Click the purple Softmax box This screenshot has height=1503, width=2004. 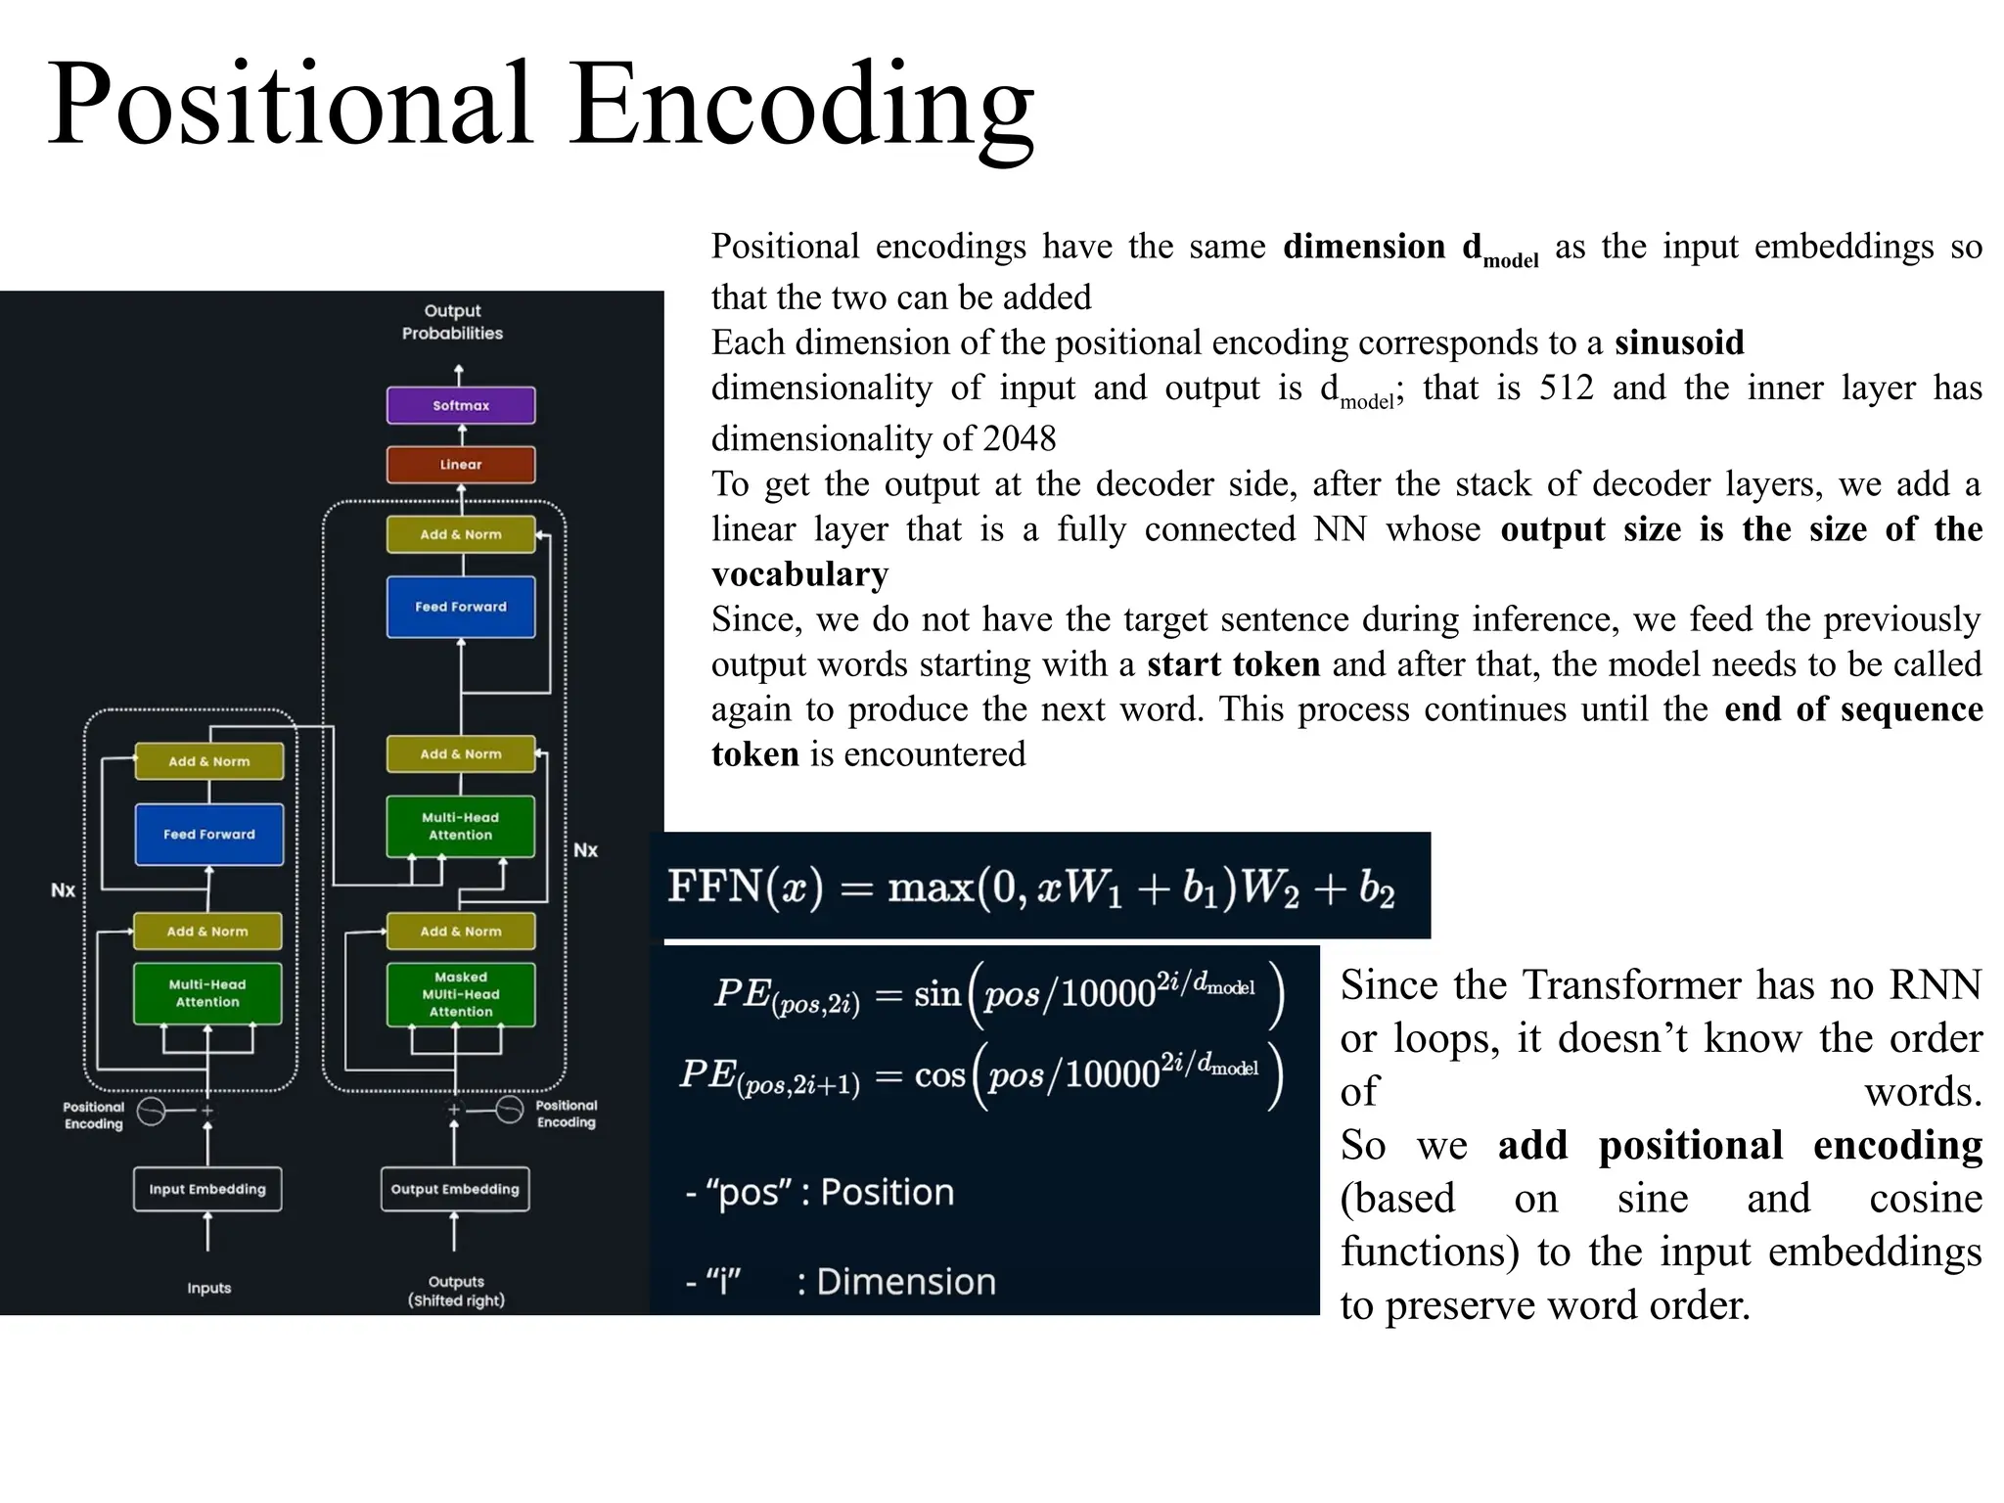pyautogui.click(x=461, y=405)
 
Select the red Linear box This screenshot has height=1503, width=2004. pyautogui.click(x=461, y=465)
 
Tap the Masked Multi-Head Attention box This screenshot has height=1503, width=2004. pyautogui.click(x=461, y=994)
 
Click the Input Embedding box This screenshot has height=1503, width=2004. pyautogui.click(x=207, y=1189)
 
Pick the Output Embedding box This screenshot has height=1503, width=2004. pyautogui.click(x=455, y=1189)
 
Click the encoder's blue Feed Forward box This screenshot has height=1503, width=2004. pyautogui.click(x=209, y=835)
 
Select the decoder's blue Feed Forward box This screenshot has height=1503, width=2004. pyautogui.click(x=461, y=607)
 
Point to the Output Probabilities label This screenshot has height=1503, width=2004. pyautogui.click(x=452, y=322)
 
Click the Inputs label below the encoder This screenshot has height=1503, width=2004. pyautogui.click(x=209, y=1288)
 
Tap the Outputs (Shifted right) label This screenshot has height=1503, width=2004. pyautogui.click(x=456, y=1291)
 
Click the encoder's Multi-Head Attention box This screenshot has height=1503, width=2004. pyautogui.click(x=207, y=993)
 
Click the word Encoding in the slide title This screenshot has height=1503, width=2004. pyautogui.click(x=802, y=106)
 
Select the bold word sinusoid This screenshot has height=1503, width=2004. pyautogui.click(x=1679, y=342)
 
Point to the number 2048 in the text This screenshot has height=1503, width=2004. pyautogui.click(x=1020, y=438)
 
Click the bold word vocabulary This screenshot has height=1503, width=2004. pyautogui.click(x=800, y=574)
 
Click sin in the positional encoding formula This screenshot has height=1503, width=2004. pyautogui.click(x=936, y=995)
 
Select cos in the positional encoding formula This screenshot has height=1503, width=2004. pyautogui.click(x=939, y=1075)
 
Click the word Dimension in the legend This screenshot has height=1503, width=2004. pyautogui.click(x=906, y=1282)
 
